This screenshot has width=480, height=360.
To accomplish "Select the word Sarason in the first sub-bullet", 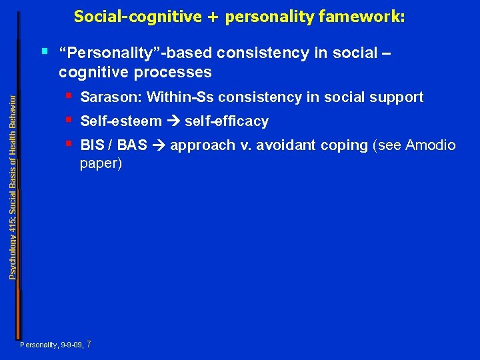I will (110, 97).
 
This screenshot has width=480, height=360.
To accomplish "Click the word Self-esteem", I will (121, 121).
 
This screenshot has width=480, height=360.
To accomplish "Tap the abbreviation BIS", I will (91, 145).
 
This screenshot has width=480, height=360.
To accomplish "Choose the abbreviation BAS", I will (132, 145).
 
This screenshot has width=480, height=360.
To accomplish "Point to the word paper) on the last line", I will (101, 163).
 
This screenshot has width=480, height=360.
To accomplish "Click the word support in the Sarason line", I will (399, 97).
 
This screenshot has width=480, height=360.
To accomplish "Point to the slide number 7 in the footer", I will (89, 345).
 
